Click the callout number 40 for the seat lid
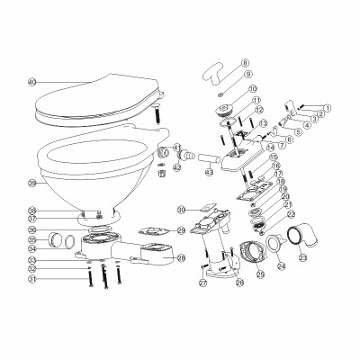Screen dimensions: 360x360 point(31,82)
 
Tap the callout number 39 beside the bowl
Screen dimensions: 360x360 point(31,183)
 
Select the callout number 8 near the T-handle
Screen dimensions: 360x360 point(220,63)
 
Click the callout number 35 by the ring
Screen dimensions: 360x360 point(31,240)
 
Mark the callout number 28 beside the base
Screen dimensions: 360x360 point(181,259)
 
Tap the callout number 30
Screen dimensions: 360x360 point(182,210)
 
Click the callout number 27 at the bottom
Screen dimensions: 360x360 point(203,283)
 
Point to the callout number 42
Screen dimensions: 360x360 point(177,168)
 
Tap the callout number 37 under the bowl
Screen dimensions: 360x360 point(31,219)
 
